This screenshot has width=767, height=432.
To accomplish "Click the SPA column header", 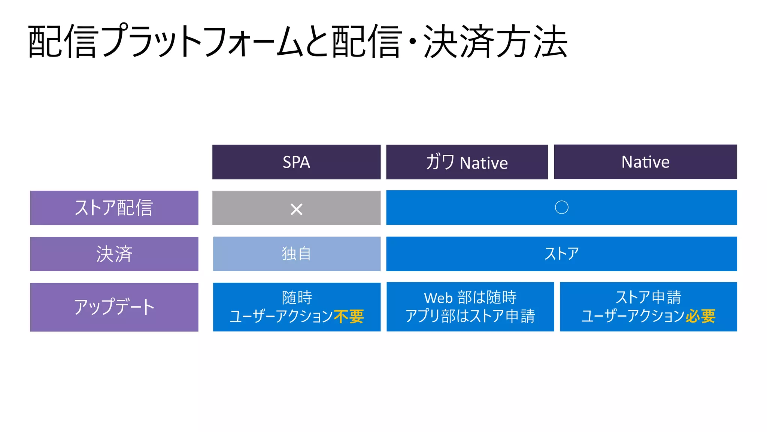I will tap(296, 162).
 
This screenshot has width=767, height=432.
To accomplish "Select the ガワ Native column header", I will tap(467, 162).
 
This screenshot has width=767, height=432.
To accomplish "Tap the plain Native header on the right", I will tap(645, 162).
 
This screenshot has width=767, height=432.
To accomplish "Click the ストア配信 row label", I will tap(114, 208).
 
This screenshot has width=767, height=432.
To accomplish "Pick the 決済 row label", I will tap(114, 254).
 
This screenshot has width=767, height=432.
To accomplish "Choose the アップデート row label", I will tap(114, 307).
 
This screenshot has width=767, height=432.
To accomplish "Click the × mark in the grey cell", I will tap(296, 209).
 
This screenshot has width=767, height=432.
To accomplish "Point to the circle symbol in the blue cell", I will tap(561, 207).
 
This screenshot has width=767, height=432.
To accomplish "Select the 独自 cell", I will tap(296, 254).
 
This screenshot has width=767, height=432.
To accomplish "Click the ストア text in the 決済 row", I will tap(561, 254).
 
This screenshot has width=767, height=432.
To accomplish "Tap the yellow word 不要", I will tap(349, 317).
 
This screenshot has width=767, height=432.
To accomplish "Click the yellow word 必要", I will tap(700, 316).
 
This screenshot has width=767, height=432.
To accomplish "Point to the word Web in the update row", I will tap(438, 298).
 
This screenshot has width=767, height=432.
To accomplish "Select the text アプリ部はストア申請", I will tap(470, 316).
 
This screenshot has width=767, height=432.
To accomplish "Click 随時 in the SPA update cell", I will tap(297, 297).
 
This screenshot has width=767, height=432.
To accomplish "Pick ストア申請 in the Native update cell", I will tap(648, 297).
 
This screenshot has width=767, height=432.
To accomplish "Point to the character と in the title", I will tap(318, 42).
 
